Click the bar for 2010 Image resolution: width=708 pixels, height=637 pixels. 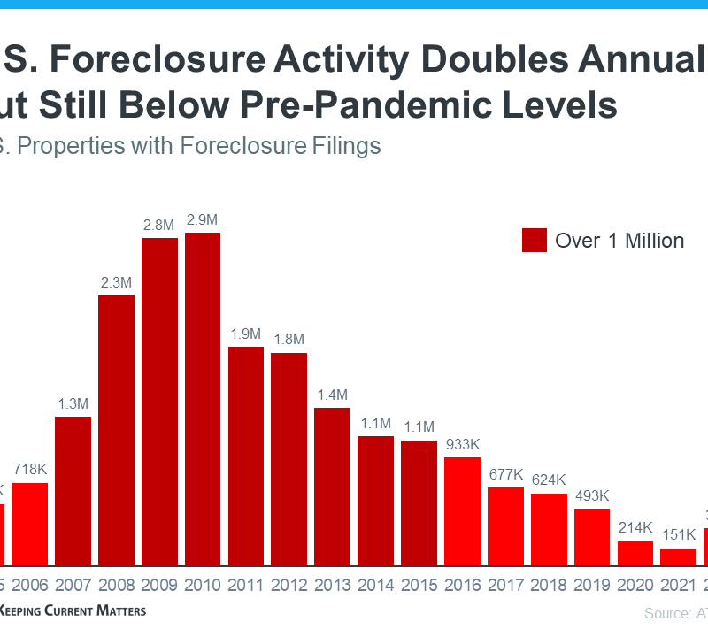tap(203, 399)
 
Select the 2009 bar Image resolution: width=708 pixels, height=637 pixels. tap(159, 402)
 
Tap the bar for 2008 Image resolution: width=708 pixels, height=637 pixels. tap(116, 430)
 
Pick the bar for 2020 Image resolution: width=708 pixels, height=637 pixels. tap(635, 554)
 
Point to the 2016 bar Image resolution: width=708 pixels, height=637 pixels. tap(462, 511)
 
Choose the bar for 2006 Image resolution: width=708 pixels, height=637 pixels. tap(29, 524)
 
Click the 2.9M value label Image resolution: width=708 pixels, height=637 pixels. tap(203, 219)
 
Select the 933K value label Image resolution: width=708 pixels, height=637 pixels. tap(462, 444)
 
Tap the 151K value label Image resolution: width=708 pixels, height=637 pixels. tap(679, 535)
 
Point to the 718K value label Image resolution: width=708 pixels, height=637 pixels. tap(29, 470)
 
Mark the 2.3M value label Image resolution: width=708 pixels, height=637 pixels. tap(116, 282)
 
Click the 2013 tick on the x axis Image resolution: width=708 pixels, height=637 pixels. tap(332, 586)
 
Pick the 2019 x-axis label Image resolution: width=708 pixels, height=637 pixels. tap(592, 586)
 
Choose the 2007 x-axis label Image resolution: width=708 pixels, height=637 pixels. tap(73, 586)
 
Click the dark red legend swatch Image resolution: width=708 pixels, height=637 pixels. tap(535, 240)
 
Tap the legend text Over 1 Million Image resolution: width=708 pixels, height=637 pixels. tap(619, 240)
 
